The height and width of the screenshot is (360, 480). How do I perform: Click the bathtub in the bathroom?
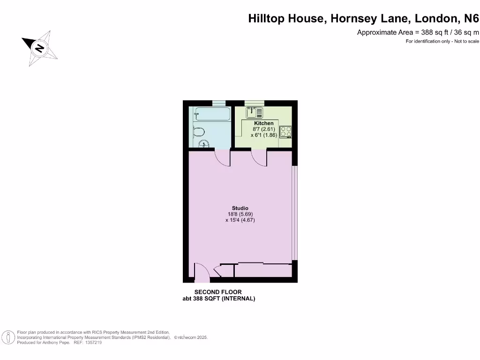pos(212,113)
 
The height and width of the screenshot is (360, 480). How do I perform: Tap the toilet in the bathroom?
pos(199,131)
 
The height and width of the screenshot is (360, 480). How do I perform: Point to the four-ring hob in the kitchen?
pos(285,132)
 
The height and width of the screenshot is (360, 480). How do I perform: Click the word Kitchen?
pos(263,123)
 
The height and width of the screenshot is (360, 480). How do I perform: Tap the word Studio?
pos(240,208)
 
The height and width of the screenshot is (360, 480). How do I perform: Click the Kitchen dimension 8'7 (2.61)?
pos(263,129)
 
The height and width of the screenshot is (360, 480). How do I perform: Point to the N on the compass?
pos(40,47)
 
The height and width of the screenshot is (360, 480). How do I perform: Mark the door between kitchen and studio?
pos(259,158)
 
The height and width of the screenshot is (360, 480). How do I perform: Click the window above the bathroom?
pos(218,103)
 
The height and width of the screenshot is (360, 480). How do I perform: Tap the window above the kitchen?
pos(255,103)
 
